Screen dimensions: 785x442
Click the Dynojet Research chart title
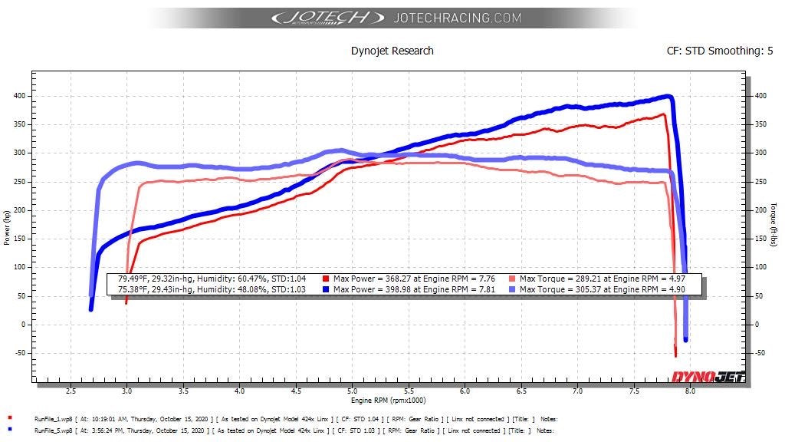coord(392,51)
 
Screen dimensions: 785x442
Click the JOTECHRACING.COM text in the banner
coord(457,18)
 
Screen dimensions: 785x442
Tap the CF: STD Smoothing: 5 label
coord(719,51)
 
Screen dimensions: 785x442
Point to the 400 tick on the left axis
coord(19,96)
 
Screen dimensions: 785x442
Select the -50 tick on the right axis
coord(760,353)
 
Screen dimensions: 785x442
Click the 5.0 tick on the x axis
coord(352,391)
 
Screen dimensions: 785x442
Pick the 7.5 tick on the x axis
coord(634,391)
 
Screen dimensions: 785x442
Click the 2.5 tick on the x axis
coord(71,391)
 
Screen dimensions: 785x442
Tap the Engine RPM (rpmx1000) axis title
coord(388,401)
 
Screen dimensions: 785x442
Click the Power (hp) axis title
coord(6,227)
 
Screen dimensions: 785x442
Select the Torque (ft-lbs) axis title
coord(774,225)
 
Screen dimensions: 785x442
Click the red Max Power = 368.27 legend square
coord(325,279)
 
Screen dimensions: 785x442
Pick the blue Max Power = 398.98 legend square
coord(325,289)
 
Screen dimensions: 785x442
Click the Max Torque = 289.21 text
coord(560,279)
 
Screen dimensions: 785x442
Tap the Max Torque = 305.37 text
coord(560,289)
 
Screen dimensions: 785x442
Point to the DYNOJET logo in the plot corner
coord(708,377)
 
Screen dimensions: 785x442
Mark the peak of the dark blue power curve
coord(668,96)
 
